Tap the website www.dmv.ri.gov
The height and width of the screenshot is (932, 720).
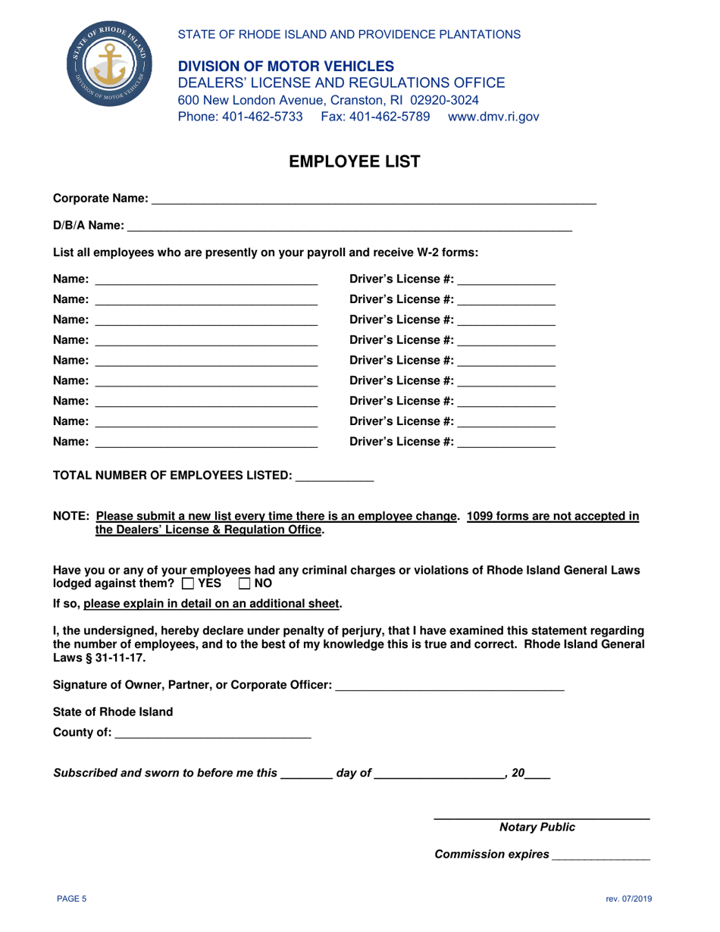493,117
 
